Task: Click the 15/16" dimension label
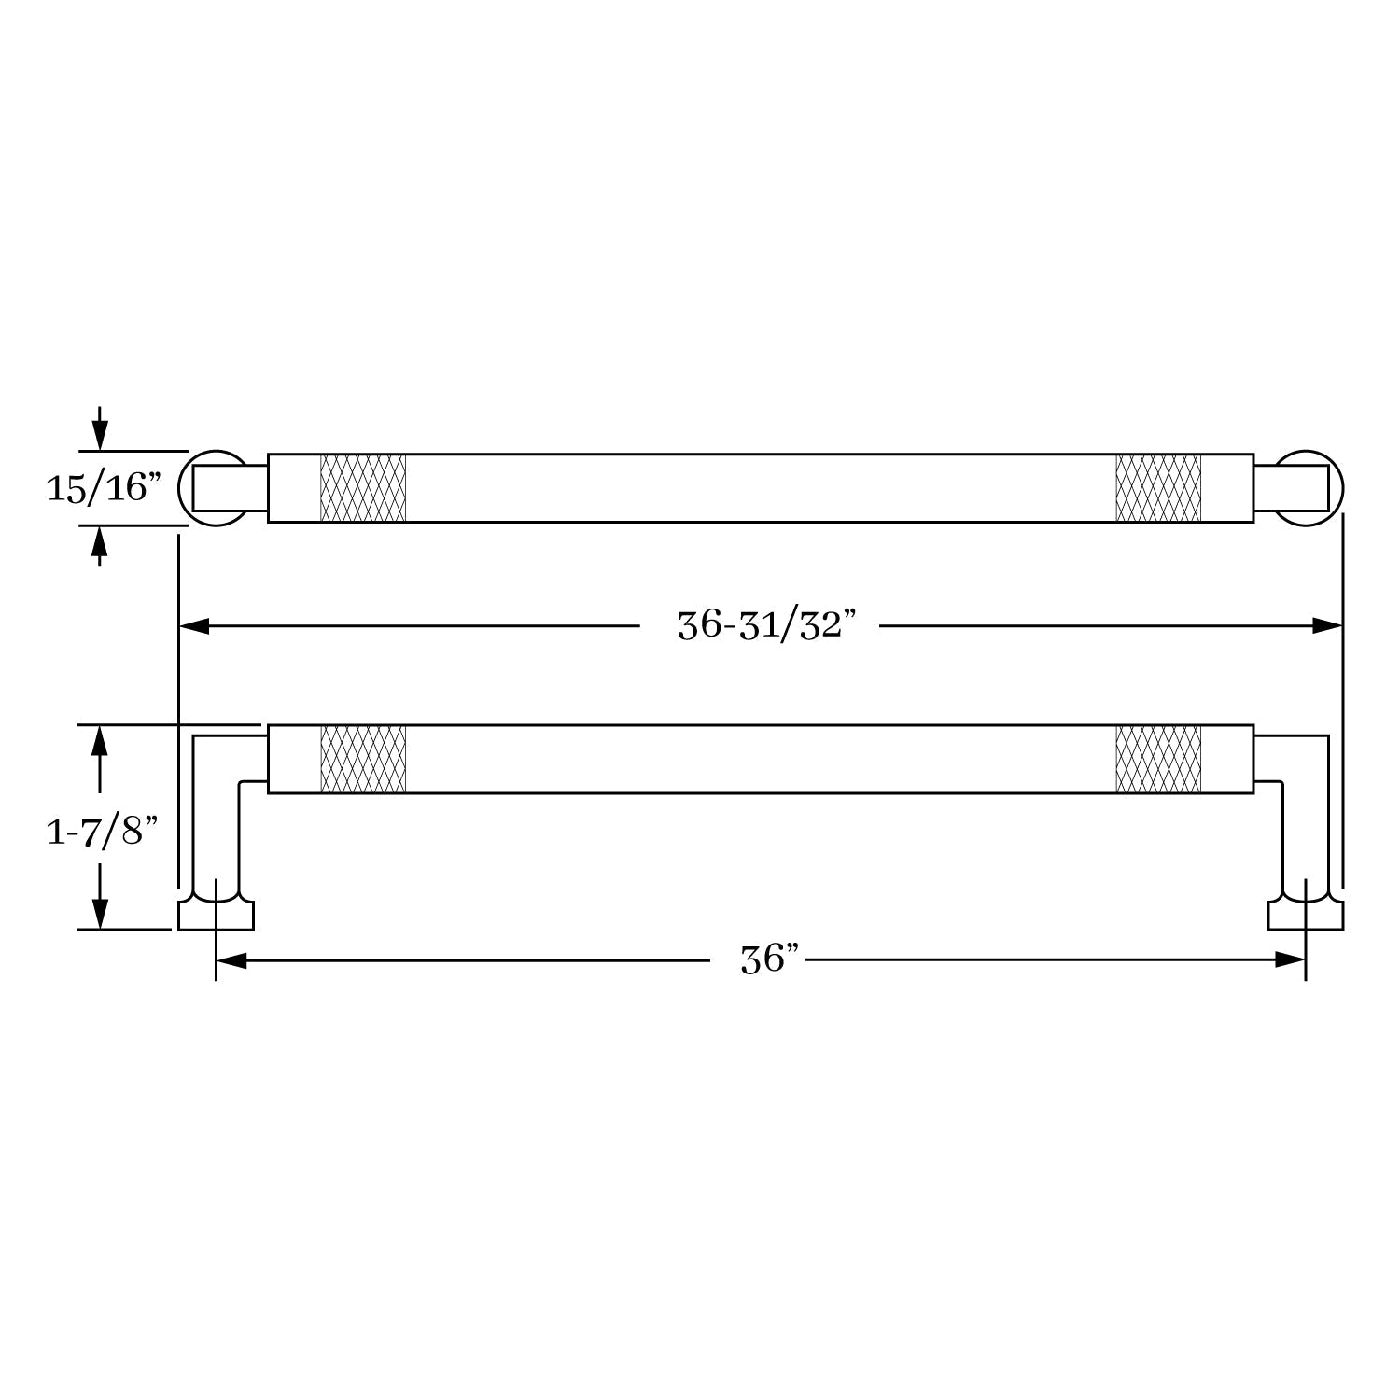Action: point(105,487)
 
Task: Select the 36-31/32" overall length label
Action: point(765,625)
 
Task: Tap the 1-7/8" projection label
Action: point(102,830)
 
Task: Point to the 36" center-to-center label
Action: point(770,959)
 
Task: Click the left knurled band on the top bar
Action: point(363,488)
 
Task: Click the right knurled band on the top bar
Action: point(1158,488)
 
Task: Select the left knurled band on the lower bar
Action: point(363,759)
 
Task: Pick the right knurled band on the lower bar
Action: point(1158,759)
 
